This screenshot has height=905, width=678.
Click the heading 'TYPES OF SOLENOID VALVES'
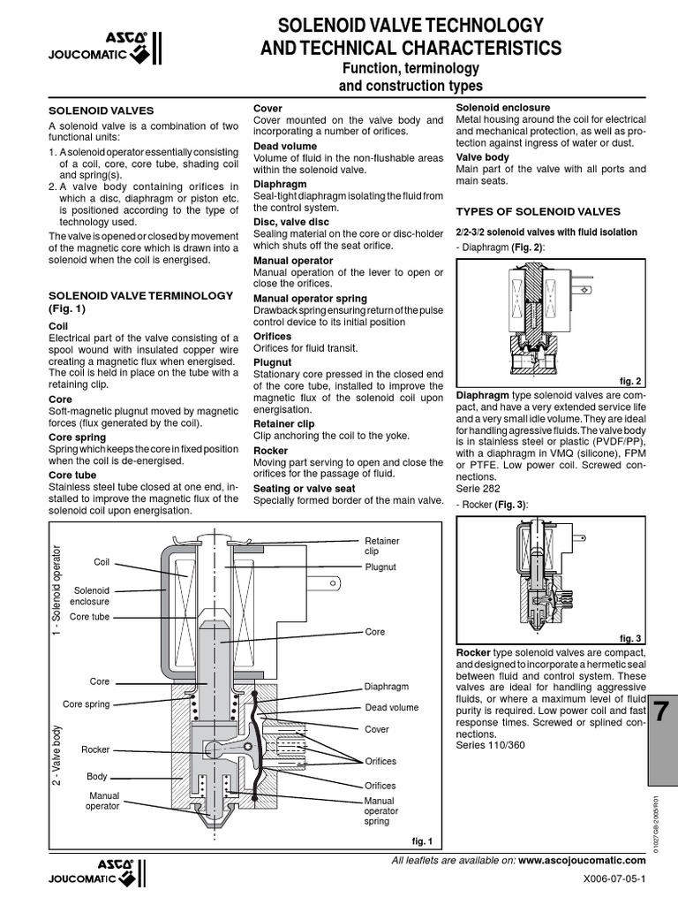537,211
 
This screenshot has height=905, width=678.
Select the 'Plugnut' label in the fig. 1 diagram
380,567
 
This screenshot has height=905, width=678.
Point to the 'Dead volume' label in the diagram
392,707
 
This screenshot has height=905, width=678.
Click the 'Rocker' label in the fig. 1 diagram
95,749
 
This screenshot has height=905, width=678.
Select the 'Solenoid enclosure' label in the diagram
91,595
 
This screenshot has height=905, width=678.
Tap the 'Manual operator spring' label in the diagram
381,810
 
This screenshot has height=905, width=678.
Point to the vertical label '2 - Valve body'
57,758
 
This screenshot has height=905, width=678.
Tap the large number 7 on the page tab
662,711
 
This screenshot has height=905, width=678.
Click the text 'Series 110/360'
489,745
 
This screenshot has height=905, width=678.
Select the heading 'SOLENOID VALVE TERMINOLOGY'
140,294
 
